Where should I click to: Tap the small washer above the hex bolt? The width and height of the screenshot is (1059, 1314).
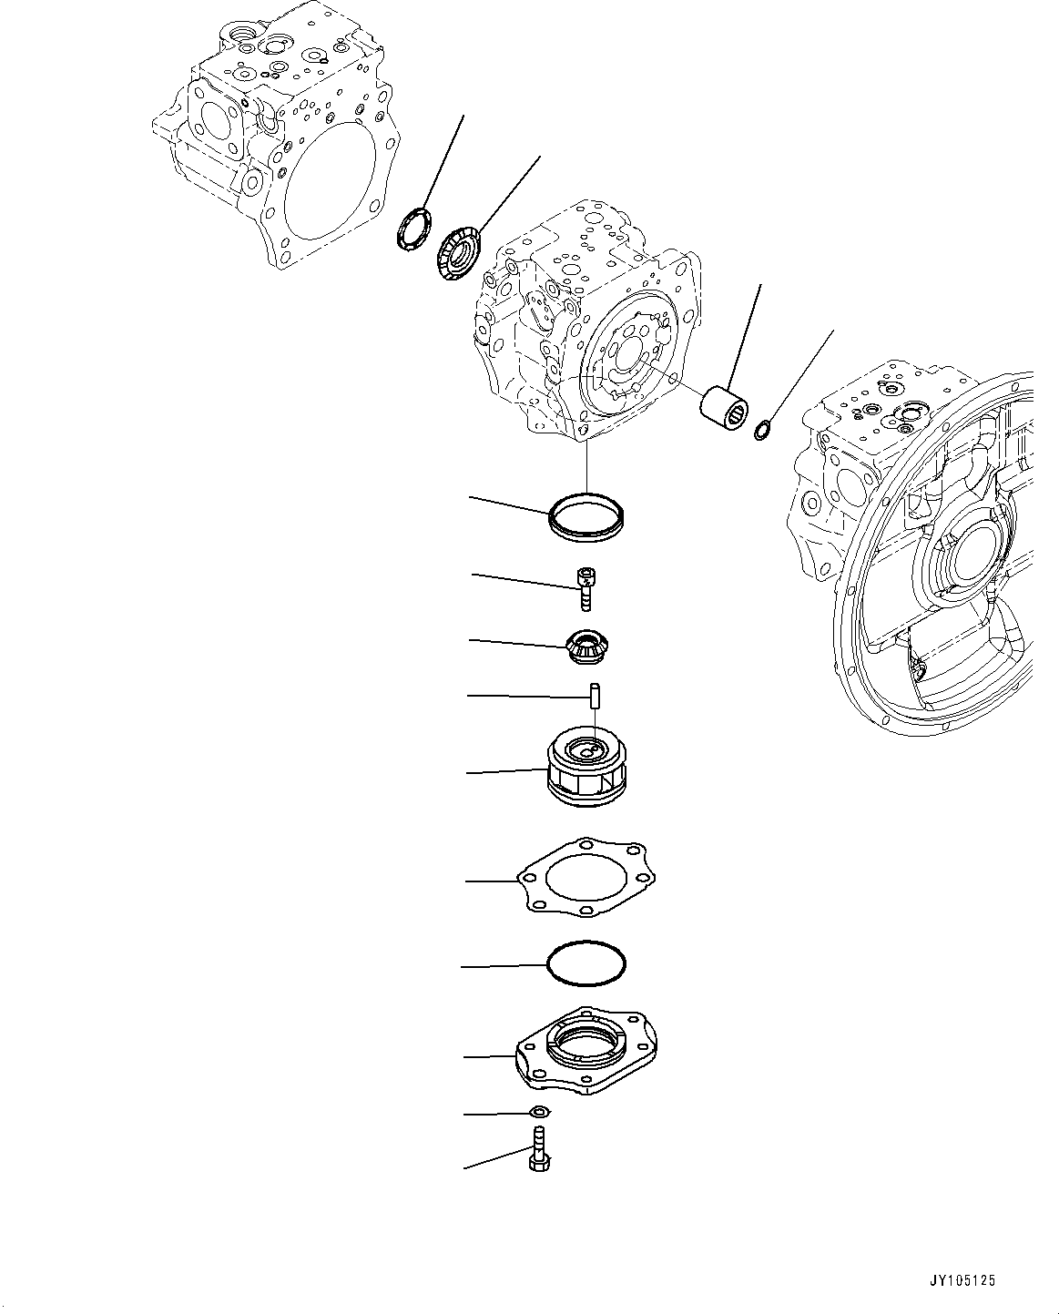coord(539,1111)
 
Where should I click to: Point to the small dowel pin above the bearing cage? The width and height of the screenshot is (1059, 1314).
coord(593,697)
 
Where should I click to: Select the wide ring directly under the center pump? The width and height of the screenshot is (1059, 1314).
coord(587,517)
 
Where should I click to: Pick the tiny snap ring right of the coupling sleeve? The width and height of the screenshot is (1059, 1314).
coord(763,428)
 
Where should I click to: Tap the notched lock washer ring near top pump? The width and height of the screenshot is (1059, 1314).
coord(415,227)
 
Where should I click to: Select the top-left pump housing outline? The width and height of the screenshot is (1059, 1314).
coord(273,137)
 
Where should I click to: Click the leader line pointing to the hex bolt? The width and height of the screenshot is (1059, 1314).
coord(496,1158)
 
